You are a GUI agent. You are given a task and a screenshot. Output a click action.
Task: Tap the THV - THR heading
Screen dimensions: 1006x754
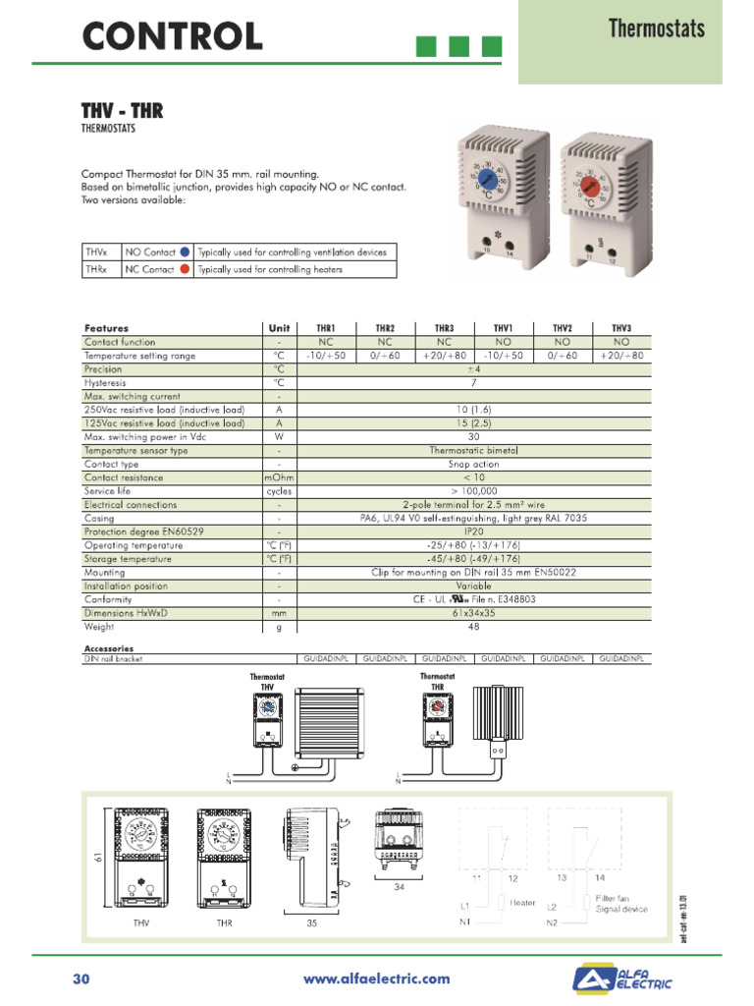coord(122,111)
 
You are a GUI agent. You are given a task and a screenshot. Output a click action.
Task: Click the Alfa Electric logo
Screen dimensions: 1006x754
coord(623,979)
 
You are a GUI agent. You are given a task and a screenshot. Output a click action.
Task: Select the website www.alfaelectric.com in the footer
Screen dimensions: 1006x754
coord(377,978)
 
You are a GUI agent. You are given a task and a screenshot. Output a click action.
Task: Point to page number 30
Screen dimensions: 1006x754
coord(81,978)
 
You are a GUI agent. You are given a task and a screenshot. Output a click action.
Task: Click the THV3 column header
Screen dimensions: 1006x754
coord(621,328)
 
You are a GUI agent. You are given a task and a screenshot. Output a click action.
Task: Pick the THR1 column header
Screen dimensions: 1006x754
coord(326,328)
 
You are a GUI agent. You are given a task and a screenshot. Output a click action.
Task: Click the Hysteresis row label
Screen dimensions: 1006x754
coord(106,382)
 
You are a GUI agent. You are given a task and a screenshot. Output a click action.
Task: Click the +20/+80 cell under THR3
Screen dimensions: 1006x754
coord(444,356)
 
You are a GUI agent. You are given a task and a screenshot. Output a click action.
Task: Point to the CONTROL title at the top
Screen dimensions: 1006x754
coord(172,36)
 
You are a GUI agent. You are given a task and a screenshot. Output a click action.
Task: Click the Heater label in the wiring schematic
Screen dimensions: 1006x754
coord(522,903)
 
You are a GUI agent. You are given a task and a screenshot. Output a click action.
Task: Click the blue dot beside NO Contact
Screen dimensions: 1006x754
coord(185,252)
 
